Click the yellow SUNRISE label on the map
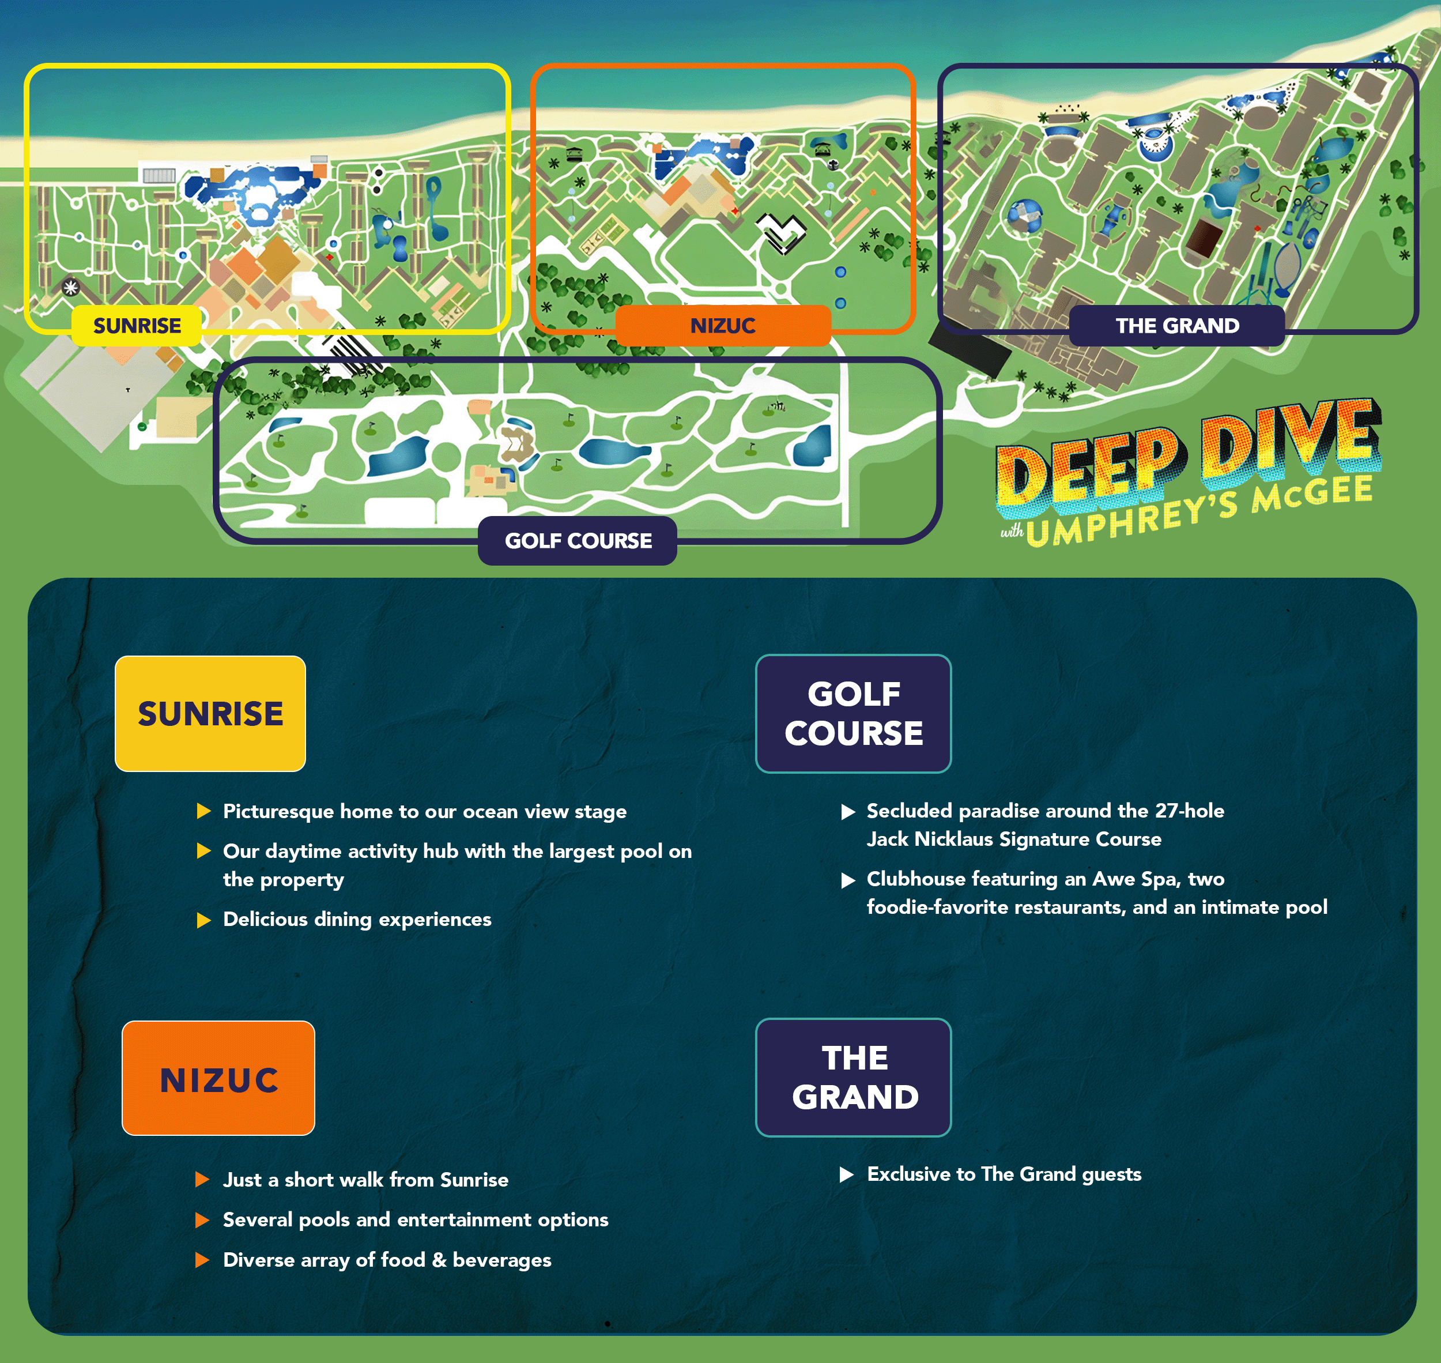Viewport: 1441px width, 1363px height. tap(137, 326)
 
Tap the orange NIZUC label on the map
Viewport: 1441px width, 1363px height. tap(723, 326)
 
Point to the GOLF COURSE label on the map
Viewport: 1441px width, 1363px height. tap(578, 541)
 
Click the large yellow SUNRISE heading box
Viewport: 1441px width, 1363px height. tap(210, 713)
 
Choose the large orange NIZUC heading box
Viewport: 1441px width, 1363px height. tap(218, 1078)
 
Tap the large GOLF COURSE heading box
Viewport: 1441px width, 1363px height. tap(854, 713)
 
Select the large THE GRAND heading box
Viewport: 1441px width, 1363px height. tap(854, 1078)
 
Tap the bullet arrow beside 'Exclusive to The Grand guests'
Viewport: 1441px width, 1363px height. tap(847, 1175)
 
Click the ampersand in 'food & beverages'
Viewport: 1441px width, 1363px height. tap(439, 1260)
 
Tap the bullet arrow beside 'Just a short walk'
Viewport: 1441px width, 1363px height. tap(203, 1180)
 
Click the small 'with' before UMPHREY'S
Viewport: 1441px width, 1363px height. tap(1012, 531)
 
